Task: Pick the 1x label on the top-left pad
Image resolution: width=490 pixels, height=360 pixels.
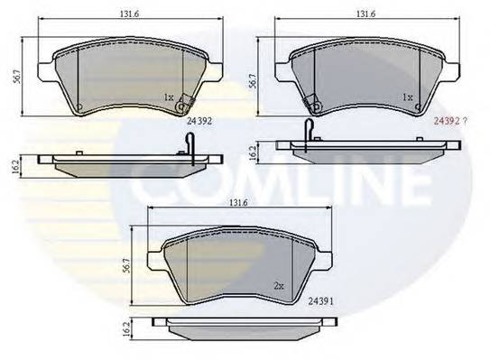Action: pos(169,97)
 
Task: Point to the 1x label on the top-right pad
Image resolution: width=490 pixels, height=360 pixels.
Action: pos(407,97)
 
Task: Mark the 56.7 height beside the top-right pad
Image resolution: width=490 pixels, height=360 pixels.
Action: pos(252,79)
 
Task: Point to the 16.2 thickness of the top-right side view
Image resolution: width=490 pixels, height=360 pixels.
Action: pos(253,152)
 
